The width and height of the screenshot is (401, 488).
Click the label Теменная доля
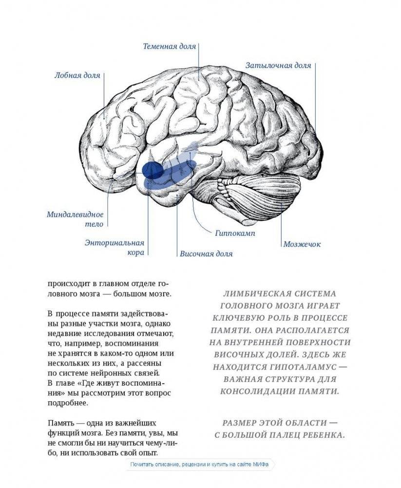[x=169, y=47]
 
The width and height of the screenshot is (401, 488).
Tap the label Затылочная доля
[x=278, y=65]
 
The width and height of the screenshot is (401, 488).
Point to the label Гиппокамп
[x=235, y=233]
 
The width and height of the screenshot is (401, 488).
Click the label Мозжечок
[x=302, y=244]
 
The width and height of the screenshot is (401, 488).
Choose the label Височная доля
[x=206, y=254]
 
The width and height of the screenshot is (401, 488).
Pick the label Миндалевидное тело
[x=76, y=219]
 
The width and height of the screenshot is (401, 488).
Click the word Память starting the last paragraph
[x=61, y=422]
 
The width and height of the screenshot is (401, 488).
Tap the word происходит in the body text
[x=68, y=283]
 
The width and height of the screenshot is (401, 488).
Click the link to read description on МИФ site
[x=199, y=465]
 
